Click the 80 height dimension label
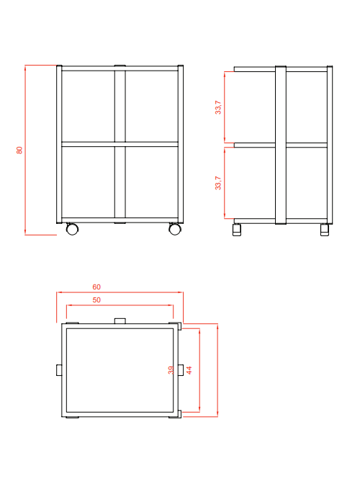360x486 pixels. tap(19, 150)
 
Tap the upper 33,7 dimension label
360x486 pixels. tap(218, 107)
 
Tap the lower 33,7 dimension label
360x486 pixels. tap(218, 183)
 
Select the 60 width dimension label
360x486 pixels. tap(96, 287)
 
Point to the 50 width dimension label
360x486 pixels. tap(96, 300)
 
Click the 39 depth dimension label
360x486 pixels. tap(171, 370)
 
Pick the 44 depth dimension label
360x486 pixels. tap(189, 370)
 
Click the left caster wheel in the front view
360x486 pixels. tap(72, 229)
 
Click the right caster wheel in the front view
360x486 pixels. tap(175, 229)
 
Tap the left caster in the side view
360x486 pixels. tap(237, 230)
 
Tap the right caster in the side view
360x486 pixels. tap(325, 230)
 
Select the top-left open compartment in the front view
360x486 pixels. tap(88, 107)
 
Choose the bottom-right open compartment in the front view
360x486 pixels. tap(152, 182)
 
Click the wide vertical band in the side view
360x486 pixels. tap(281, 145)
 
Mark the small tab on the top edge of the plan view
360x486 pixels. tap(120, 321)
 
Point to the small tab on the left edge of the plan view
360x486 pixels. tap(59, 370)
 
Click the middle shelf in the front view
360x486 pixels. tap(120, 144)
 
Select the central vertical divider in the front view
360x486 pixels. tap(120, 145)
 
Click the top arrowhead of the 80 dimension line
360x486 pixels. tap(25, 67)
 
